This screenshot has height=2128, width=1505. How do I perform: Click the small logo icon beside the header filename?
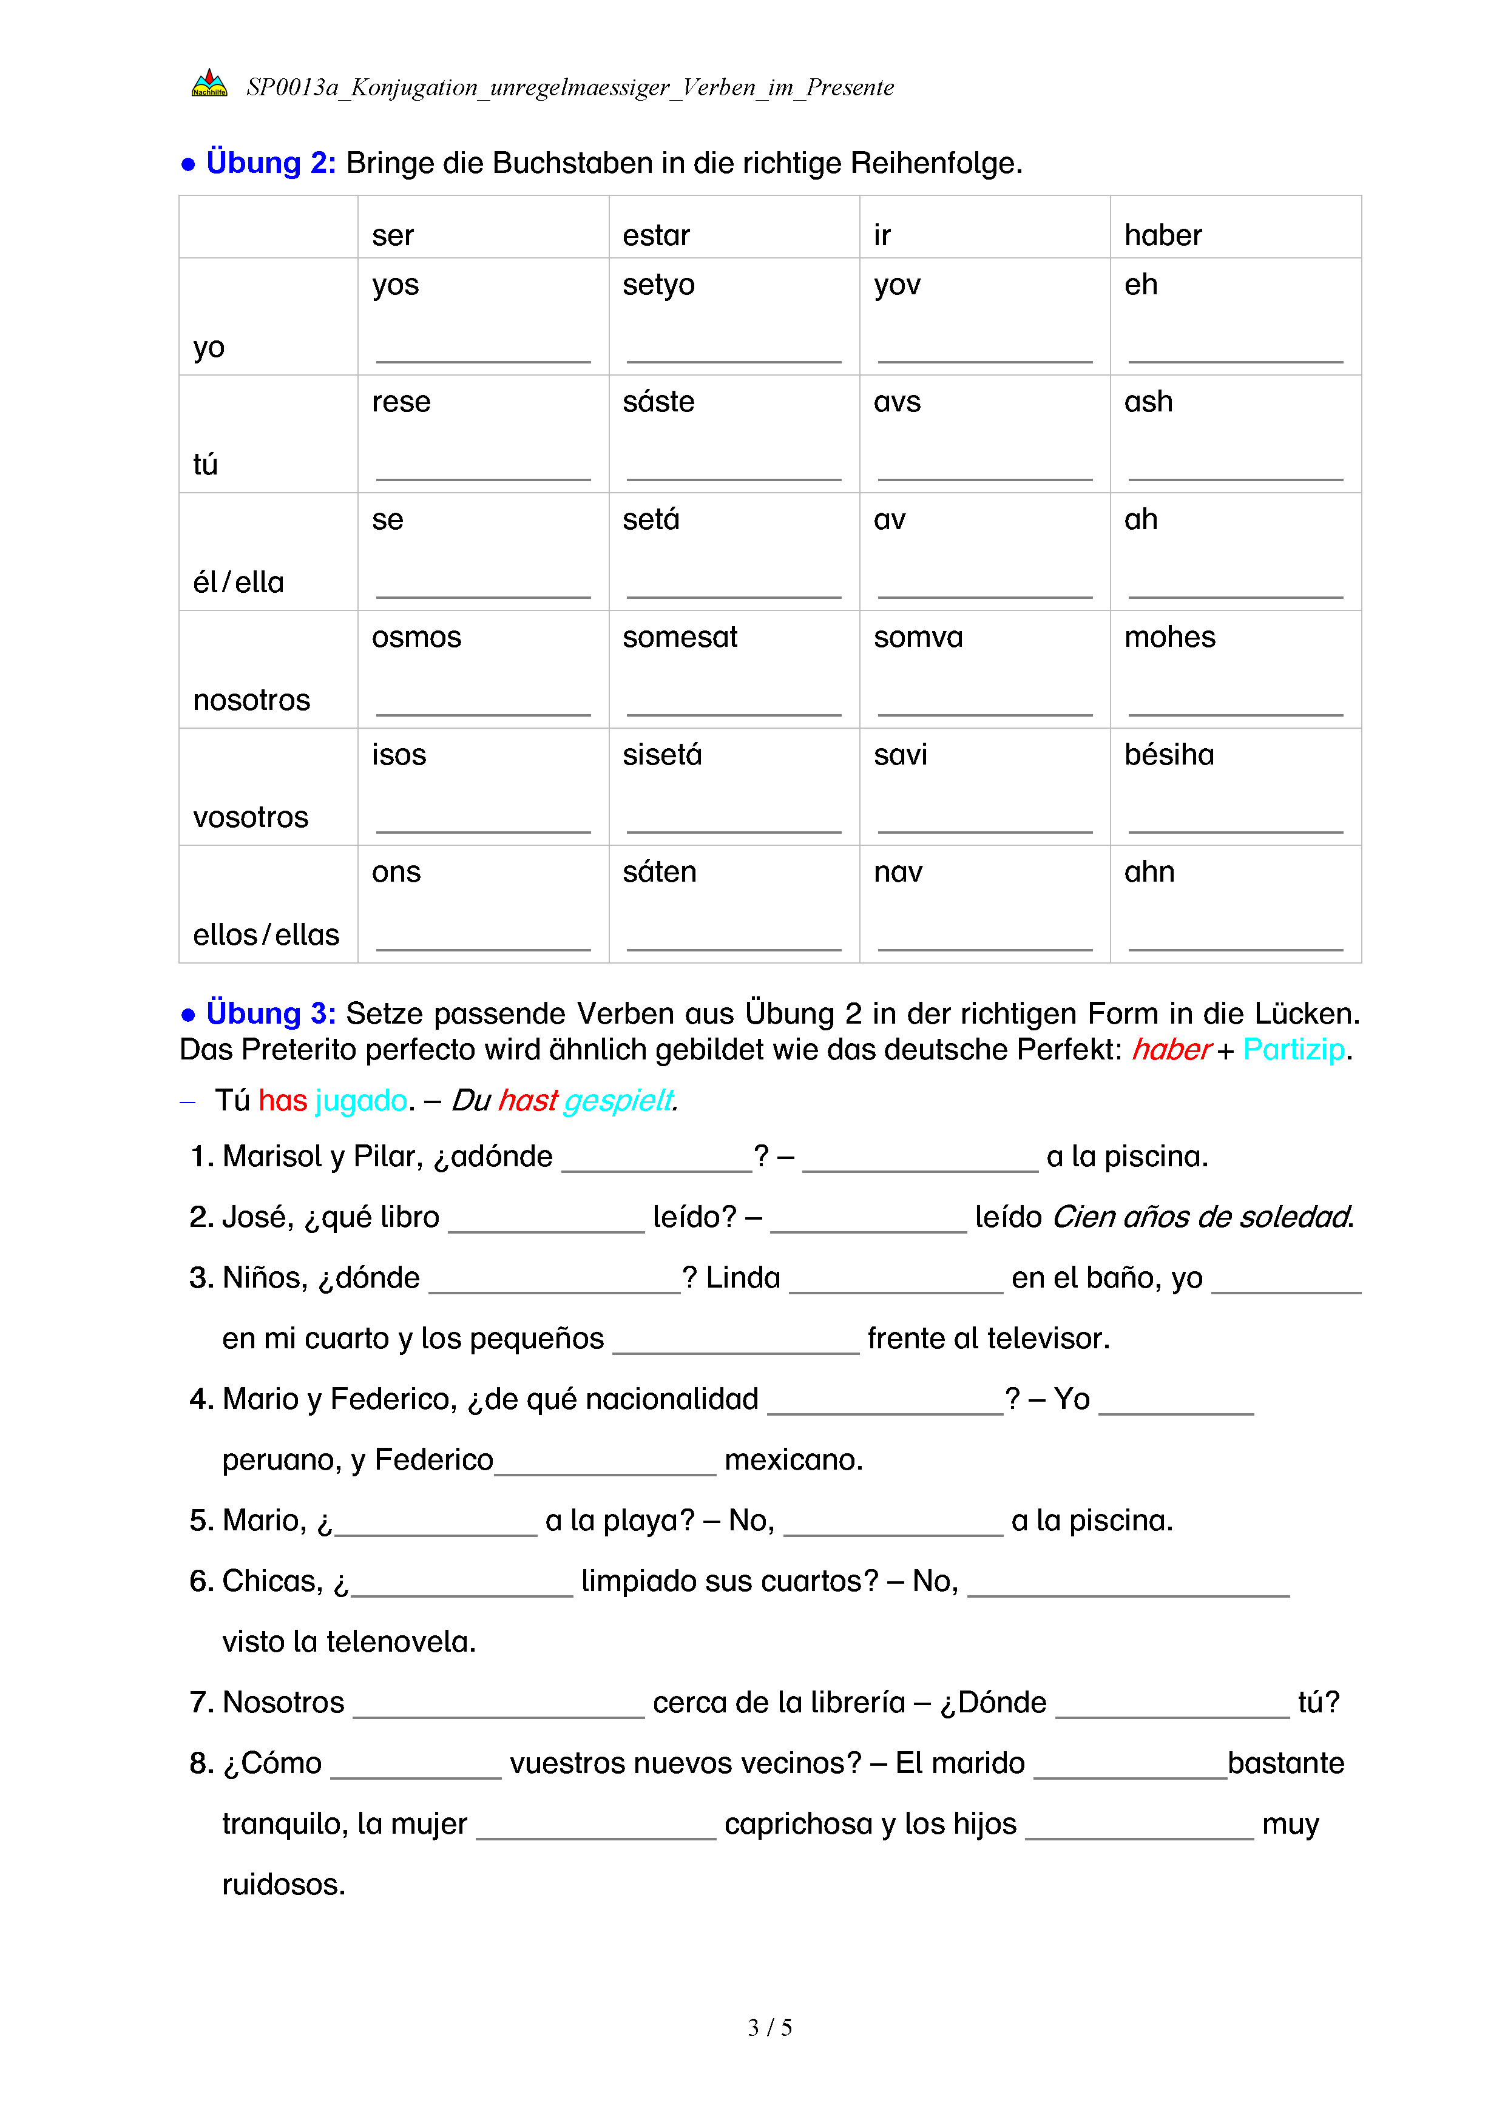pyautogui.click(x=209, y=84)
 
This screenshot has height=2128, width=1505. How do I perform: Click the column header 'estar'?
pyautogui.click(x=656, y=235)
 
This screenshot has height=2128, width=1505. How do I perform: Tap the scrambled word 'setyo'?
pyautogui.click(x=658, y=285)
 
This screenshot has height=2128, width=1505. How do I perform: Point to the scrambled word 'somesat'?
pyautogui.click(x=679, y=638)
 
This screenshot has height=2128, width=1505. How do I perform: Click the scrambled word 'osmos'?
pyautogui.click(x=416, y=638)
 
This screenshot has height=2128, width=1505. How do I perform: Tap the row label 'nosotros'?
pyautogui.click(x=251, y=700)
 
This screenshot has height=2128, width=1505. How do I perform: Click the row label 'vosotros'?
pyautogui.click(x=250, y=817)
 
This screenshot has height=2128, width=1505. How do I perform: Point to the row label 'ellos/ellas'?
pyautogui.click(x=266, y=934)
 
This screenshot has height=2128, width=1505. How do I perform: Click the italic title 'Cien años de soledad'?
pyautogui.click(x=1202, y=1217)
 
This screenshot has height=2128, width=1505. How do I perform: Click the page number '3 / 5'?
pyautogui.click(x=769, y=2027)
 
